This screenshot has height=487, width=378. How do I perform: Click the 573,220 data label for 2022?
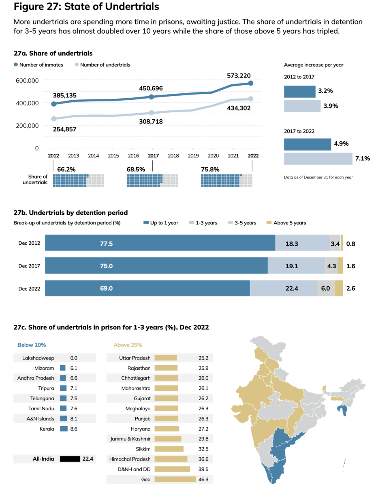tap(239, 75)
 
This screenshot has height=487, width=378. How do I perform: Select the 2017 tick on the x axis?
tap(153, 155)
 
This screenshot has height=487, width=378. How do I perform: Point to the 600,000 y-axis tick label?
tap(27, 80)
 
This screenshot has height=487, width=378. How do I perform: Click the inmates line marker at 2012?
tap(53, 104)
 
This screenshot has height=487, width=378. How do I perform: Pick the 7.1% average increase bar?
tap(318, 159)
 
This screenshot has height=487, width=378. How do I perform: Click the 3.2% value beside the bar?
tap(325, 91)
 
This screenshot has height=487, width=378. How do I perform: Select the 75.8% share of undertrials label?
tap(210, 169)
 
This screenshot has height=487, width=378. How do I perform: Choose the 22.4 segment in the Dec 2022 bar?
tap(283, 288)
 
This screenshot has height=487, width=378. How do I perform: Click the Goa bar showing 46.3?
tap(172, 479)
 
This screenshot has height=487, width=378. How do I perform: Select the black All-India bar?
tap(70, 459)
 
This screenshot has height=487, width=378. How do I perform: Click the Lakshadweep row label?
tap(39, 358)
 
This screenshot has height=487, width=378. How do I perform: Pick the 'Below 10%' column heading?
tap(32, 345)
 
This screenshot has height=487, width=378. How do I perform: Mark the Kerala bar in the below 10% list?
tap(63, 429)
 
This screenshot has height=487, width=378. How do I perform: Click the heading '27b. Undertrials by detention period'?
tap(70, 213)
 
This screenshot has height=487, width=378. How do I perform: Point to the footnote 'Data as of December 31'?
tap(319, 177)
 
